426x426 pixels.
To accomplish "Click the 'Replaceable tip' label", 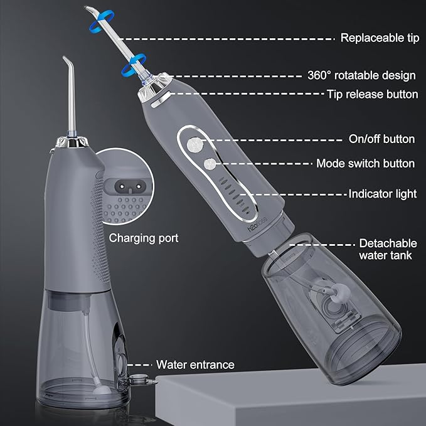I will point(379,38).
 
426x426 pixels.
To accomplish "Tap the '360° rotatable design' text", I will point(361,75).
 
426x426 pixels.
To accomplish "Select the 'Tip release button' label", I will point(372,94).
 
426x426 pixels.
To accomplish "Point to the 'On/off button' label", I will point(382,139).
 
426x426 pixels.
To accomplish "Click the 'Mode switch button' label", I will point(365,163).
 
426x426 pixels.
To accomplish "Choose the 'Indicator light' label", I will point(383,194).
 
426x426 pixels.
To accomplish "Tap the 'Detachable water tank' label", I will point(385,249).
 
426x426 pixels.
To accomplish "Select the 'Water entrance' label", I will point(195,365).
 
